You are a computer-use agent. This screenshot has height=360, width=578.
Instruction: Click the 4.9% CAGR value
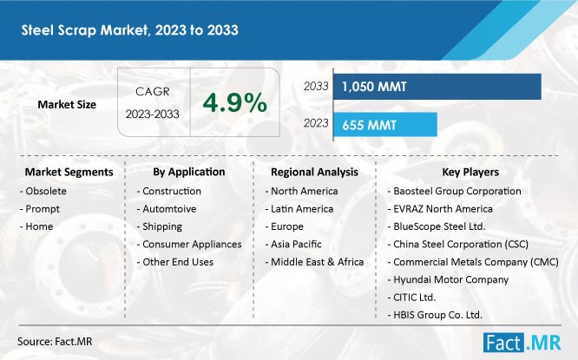click(234, 104)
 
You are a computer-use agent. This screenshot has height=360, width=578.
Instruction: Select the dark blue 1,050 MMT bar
click(437, 87)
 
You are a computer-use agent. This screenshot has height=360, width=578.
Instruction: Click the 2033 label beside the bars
click(316, 87)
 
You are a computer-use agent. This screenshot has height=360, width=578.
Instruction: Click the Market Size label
click(67, 105)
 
